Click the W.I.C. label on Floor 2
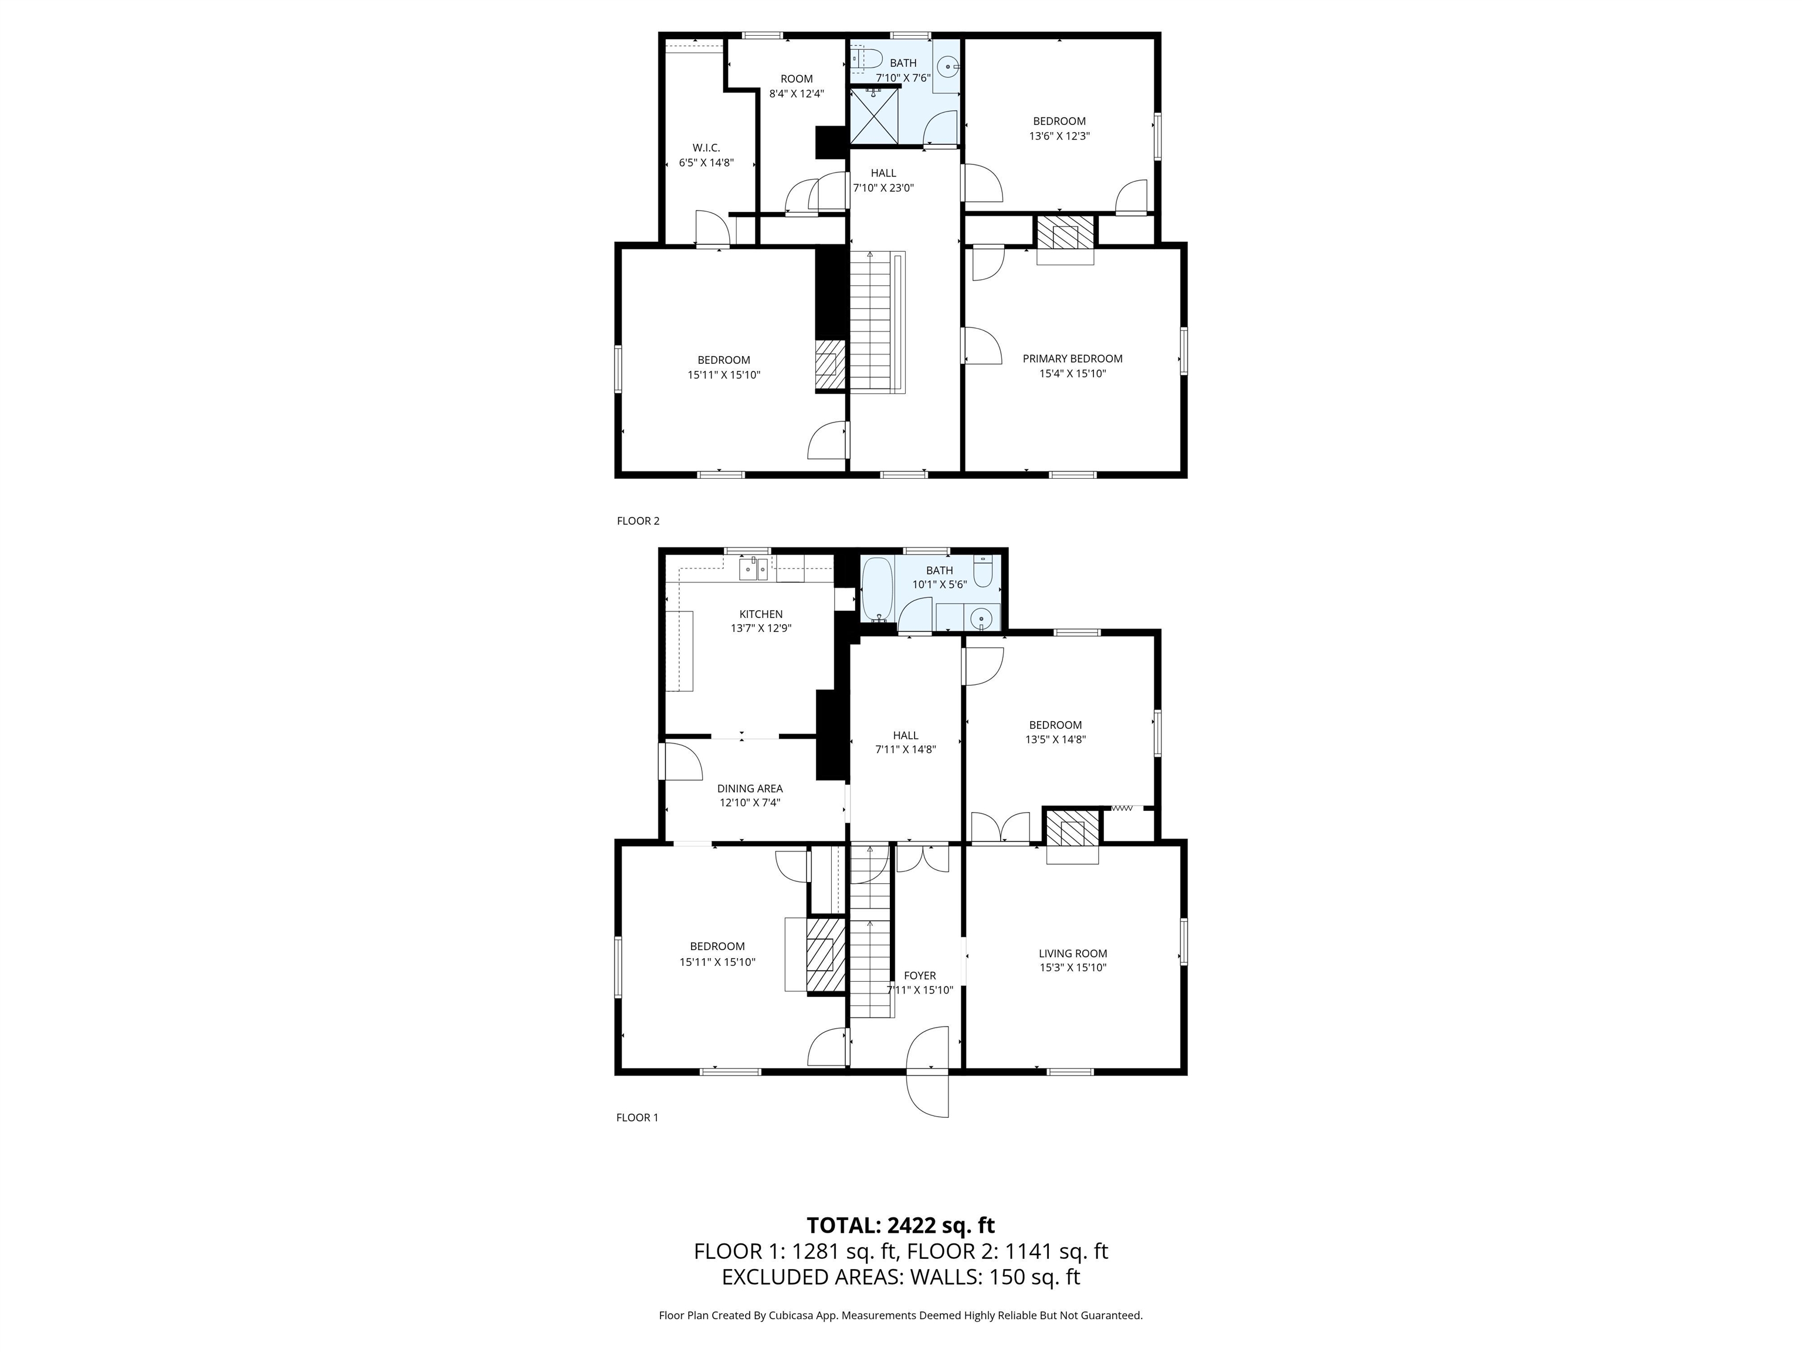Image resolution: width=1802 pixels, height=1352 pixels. [x=706, y=147]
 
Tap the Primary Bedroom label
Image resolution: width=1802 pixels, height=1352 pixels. [x=1072, y=359]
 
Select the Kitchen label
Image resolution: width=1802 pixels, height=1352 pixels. [x=760, y=614]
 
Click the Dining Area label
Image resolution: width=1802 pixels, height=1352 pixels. [x=750, y=788]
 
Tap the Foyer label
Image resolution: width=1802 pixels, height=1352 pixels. [x=920, y=975]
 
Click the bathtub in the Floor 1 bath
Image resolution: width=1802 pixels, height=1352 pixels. [x=878, y=589]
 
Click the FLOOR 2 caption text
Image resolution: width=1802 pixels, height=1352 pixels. [x=638, y=520]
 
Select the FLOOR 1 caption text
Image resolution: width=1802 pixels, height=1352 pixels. [x=637, y=1117]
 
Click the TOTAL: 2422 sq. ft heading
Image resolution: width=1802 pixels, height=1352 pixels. [x=900, y=1225]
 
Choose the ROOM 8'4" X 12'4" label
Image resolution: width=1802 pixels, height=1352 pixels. [x=796, y=86]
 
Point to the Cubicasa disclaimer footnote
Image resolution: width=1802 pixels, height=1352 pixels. [x=900, y=1314]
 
